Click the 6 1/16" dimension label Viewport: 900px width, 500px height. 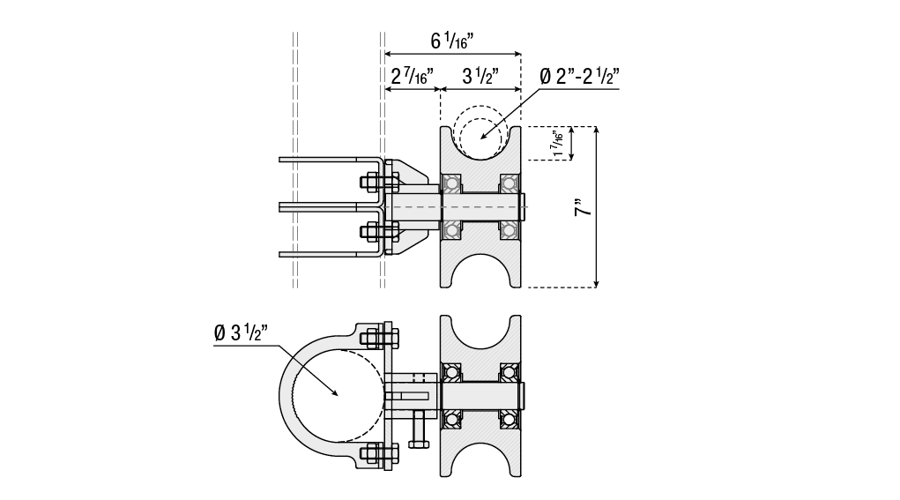click(451, 41)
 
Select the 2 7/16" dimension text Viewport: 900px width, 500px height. click(413, 76)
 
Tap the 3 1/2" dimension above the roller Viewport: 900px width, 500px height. click(480, 76)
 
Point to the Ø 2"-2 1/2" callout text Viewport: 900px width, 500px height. click(579, 76)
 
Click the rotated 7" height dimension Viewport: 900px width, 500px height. click(583, 207)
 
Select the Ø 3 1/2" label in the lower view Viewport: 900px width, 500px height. click(241, 332)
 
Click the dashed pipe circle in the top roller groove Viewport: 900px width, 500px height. click(480, 132)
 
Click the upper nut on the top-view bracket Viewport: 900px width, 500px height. click(369, 183)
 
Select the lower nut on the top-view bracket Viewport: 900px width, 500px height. click(369, 232)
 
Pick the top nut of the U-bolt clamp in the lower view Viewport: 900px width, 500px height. click(371, 338)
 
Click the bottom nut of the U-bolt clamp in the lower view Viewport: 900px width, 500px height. click(371, 454)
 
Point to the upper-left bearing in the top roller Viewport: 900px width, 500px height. click(451, 183)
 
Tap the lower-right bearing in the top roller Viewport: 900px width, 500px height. click(509, 231)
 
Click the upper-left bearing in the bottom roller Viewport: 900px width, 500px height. click(451, 372)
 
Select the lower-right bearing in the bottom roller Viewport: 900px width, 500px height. click(509, 420)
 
